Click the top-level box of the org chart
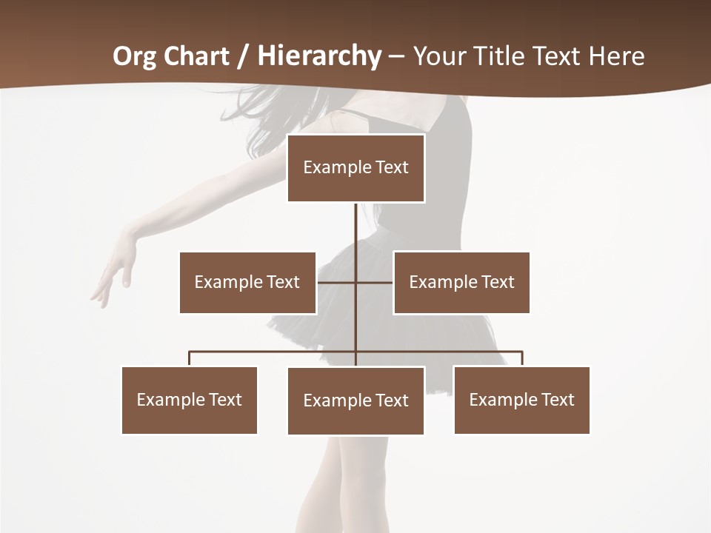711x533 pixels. click(x=355, y=168)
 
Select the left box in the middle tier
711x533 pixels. click(x=247, y=282)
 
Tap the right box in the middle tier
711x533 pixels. click(x=461, y=282)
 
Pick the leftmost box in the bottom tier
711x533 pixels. click(x=190, y=400)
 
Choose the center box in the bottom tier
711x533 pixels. click(x=355, y=400)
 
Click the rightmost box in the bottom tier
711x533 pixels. click(x=521, y=400)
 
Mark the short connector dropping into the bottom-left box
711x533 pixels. click(x=190, y=359)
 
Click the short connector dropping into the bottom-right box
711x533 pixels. click(x=522, y=359)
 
